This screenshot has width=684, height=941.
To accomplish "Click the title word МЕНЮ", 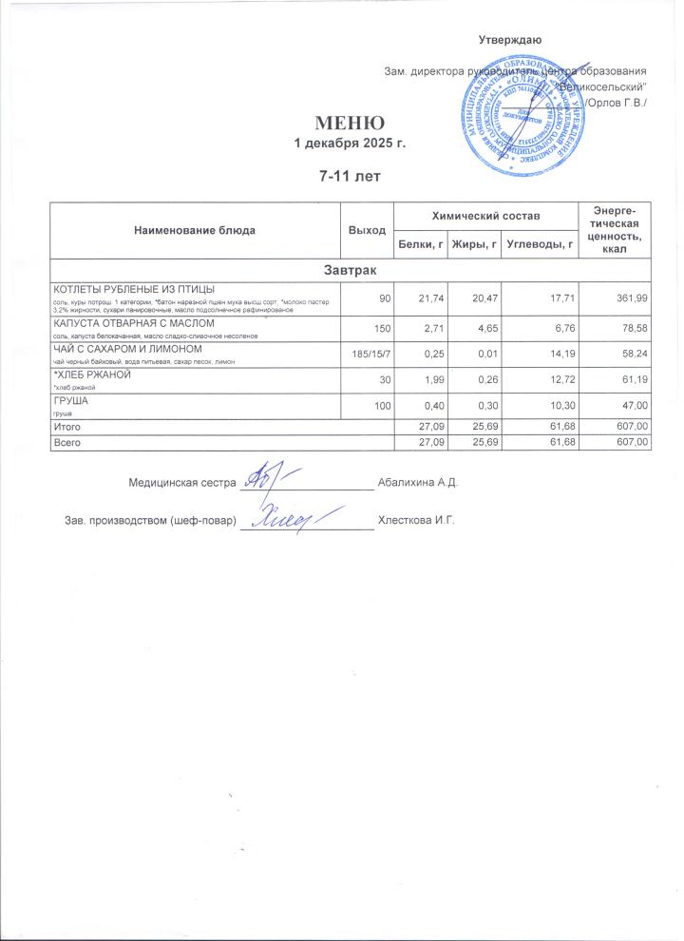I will (350, 124).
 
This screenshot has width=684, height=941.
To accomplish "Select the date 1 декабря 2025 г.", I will (350, 143).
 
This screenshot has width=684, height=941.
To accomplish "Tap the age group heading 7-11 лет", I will (350, 177).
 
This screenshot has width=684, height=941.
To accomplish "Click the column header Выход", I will (367, 231).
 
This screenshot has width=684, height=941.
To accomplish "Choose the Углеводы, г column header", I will (541, 245).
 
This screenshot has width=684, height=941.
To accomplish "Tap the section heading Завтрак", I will (351, 272).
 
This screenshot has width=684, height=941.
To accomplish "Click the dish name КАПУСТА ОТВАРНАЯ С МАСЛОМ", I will (126, 323).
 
